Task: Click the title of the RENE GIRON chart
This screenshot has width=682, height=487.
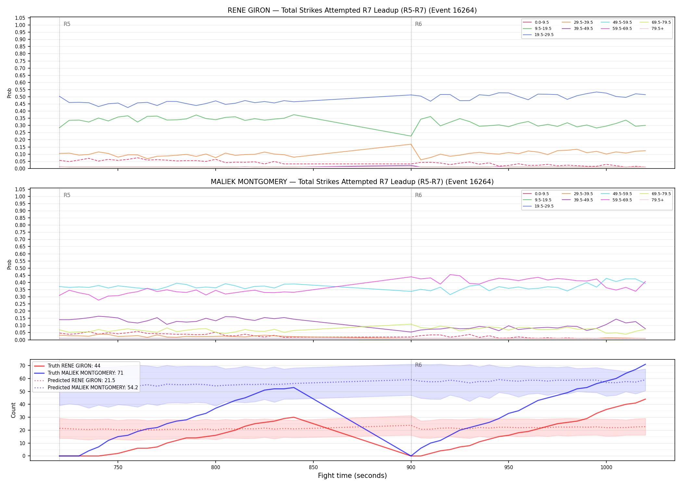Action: (x=352, y=10)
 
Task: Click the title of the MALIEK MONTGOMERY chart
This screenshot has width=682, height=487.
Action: (x=352, y=182)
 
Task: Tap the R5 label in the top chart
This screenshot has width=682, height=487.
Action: (x=67, y=24)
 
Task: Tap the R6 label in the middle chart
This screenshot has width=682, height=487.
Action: (x=418, y=195)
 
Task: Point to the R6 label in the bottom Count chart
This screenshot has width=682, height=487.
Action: (x=418, y=365)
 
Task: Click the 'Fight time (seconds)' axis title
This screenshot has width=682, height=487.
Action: (x=352, y=476)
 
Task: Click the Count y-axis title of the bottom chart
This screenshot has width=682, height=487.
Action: (x=13, y=410)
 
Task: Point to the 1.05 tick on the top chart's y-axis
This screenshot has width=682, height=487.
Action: (x=20, y=18)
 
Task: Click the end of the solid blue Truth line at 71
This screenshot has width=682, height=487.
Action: (x=645, y=364)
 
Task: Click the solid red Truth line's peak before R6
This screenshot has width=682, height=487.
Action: (x=294, y=417)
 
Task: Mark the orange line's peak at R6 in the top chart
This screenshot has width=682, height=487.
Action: (x=411, y=144)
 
